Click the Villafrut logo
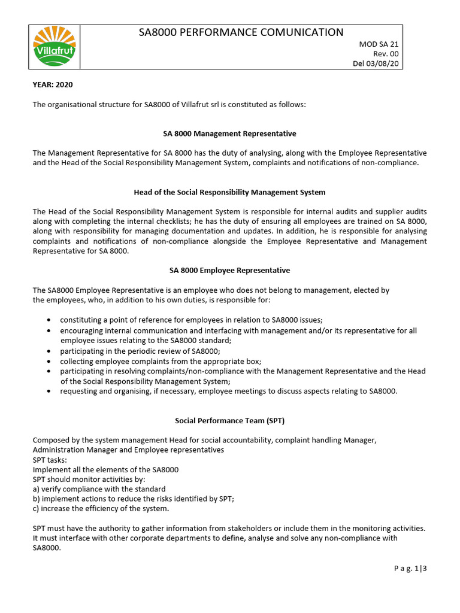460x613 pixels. [54, 47]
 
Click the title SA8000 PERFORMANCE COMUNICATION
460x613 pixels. [241, 32]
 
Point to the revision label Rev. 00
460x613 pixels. [386, 54]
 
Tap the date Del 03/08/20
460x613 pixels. [378, 63]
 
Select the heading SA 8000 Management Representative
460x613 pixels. [229, 133]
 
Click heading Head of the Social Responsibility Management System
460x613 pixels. [229, 192]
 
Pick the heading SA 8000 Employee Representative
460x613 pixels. [229, 271]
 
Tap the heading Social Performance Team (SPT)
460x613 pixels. [229, 420]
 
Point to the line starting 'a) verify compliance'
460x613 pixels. [99, 489]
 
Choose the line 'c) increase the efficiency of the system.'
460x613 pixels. [101, 509]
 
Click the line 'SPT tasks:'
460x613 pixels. [50, 459]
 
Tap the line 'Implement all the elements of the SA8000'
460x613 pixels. [105, 469]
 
